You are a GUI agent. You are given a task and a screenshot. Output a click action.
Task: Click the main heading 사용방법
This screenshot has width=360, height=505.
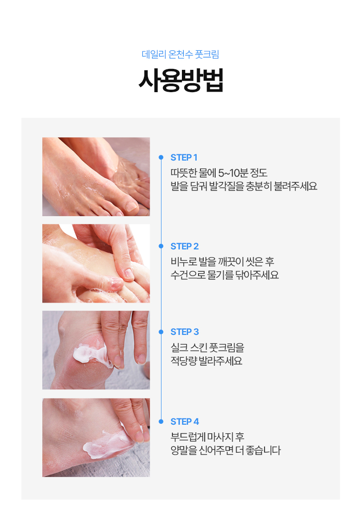(x=180, y=80)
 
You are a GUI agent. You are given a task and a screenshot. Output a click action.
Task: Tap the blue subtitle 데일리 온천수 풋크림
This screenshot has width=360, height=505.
(x=180, y=54)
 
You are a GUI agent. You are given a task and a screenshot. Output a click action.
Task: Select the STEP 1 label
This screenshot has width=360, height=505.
(x=184, y=158)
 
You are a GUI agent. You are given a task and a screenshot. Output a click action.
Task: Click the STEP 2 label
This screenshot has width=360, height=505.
(x=184, y=247)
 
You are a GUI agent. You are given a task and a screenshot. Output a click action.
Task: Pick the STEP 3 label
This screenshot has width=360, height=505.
(x=185, y=332)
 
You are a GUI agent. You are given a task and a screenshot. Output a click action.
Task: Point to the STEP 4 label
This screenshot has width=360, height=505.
(x=185, y=421)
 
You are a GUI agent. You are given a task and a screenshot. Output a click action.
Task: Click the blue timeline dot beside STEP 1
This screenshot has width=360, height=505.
(x=161, y=157)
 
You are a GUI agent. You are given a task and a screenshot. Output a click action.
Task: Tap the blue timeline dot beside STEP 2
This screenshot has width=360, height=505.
(x=161, y=246)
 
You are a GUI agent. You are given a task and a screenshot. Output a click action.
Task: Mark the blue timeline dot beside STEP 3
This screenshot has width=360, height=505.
(x=161, y=332)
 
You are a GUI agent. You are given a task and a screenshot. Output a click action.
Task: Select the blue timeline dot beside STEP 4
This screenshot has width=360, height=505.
(x=161, y=421)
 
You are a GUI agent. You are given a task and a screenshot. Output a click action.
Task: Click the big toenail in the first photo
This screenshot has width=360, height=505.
(x=131, y=206)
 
